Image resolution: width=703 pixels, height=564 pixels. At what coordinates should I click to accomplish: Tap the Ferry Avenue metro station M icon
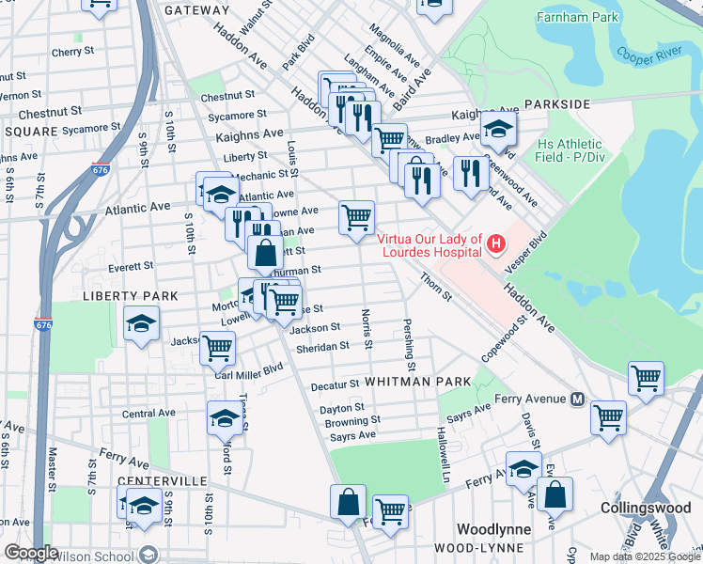coord(578,399)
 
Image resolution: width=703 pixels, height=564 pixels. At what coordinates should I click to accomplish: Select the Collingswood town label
coord(647,508)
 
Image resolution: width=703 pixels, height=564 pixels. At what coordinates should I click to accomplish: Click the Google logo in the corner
coord(31,553)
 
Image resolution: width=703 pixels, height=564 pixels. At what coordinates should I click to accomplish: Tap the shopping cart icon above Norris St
coord(356,218)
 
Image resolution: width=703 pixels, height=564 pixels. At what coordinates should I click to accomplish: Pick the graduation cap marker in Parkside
coord(498,131)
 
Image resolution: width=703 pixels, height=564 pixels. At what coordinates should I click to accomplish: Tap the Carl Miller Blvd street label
coord(248,371)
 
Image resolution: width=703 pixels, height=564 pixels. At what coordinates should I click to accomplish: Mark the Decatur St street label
coord(336,384)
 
